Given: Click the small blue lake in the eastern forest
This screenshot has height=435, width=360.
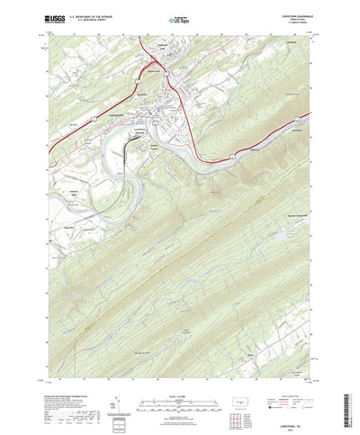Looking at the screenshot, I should click(277, 236).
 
